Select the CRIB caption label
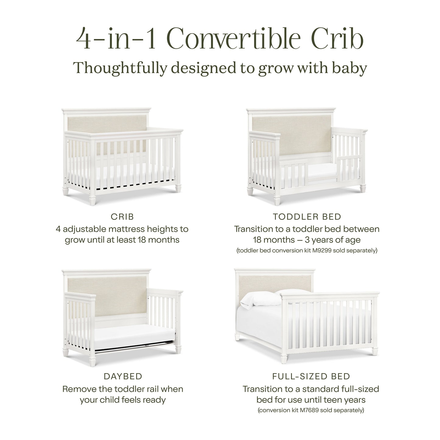coord(122,217)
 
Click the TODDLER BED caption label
coord(307,217)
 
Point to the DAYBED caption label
coord(123,376)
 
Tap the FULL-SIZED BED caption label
coord(311,376)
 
